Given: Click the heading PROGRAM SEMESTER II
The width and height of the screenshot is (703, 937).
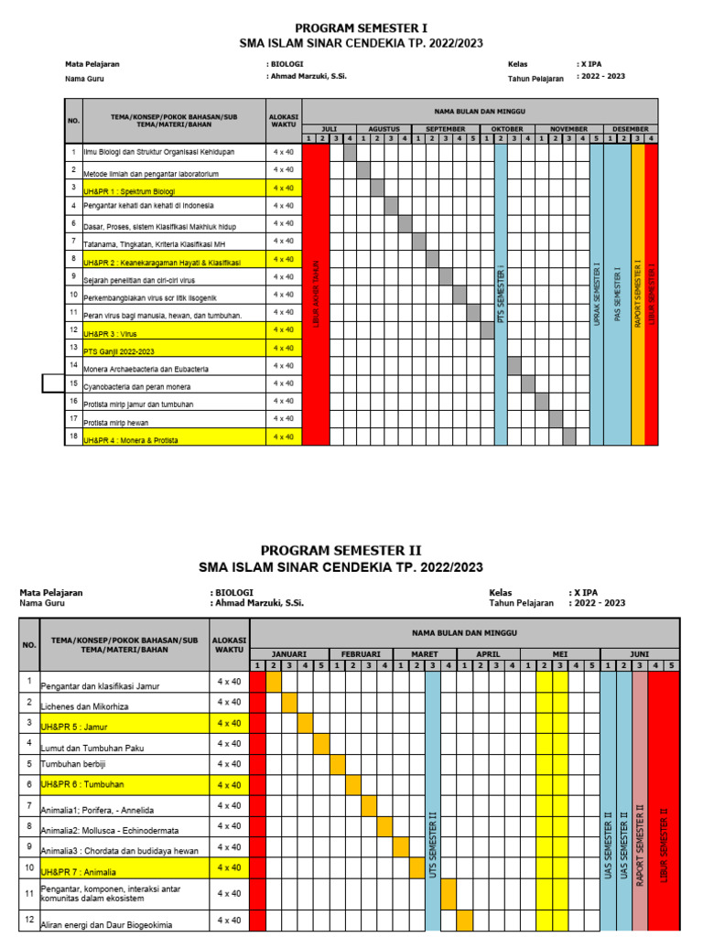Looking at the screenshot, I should (x=341, y=550).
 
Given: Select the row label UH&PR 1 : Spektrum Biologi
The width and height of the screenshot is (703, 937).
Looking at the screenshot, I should (x=129, y=191).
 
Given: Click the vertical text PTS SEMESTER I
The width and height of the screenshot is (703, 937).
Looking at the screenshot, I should (x=501, y=296).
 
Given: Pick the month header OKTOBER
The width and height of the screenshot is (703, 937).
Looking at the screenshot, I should (x=507, y=129).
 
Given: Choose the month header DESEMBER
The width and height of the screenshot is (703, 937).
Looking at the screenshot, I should (x=631, y=129).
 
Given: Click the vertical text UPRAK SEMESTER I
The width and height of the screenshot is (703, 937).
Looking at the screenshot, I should (x=597, y=295).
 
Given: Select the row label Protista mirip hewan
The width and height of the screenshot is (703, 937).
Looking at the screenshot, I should (x=117, y=422).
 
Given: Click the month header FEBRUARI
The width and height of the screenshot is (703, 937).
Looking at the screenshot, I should (x=361, y=653).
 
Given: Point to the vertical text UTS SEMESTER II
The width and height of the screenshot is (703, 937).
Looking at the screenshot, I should (x=432, y=845).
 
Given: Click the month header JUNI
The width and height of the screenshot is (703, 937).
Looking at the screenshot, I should (x=640, y=653).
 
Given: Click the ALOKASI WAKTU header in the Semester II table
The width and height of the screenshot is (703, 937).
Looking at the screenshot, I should (x=229, y=643).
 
